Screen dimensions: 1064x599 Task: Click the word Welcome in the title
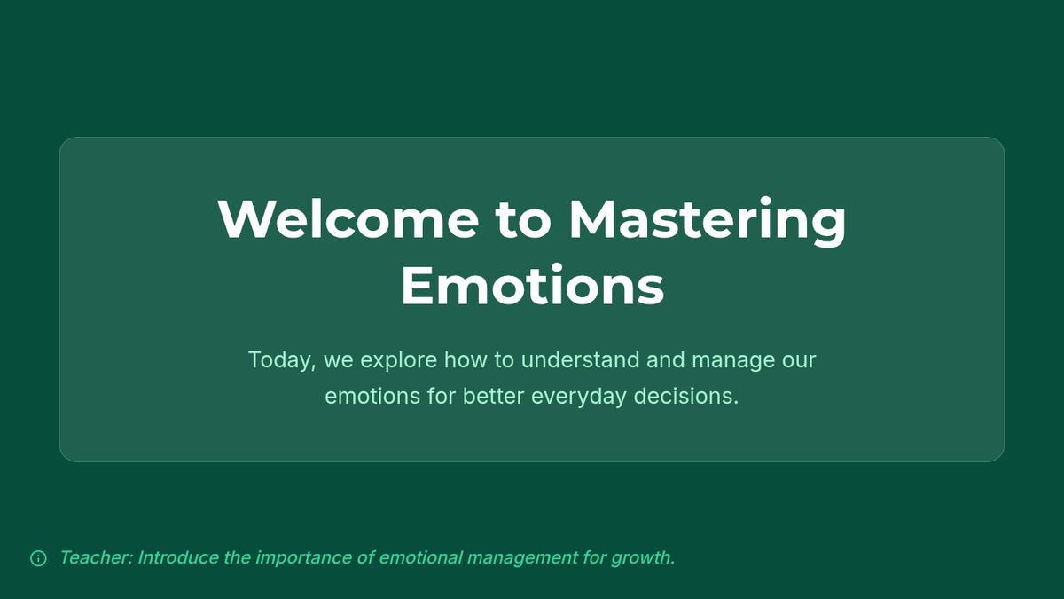pos(348,219)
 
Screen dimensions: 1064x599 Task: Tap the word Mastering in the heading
pos(708,221)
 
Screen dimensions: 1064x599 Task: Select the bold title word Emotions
pos(532,285)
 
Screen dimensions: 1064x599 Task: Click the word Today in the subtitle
pos(282,360)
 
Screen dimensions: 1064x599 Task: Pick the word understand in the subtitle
pos(580,359)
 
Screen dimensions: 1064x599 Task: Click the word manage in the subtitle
pos(733,361)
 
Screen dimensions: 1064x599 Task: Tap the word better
pos(494,396)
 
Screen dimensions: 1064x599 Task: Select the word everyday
pos(578,397)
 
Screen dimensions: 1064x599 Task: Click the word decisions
pos(686,396)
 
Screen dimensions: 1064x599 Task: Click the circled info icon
pos(38,558)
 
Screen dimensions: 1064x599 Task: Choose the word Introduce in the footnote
pos(178,557)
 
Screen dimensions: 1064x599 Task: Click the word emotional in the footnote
pos(420,557)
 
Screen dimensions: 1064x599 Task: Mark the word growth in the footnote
pos(643,558)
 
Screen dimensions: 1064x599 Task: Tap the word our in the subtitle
pos(799,361)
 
